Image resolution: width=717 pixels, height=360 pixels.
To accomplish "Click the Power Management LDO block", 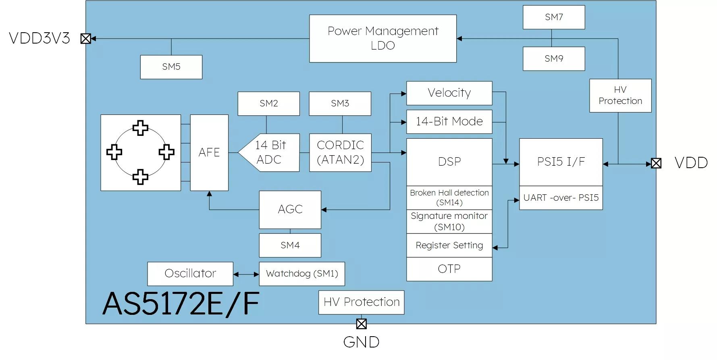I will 382,39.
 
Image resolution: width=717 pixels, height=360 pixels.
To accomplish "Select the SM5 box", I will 171,67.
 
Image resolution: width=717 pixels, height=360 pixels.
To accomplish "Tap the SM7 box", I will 553,17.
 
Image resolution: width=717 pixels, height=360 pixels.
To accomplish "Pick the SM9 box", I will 553,59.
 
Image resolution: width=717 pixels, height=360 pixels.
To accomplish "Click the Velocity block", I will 449,93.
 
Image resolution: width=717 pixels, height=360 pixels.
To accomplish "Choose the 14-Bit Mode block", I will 449,122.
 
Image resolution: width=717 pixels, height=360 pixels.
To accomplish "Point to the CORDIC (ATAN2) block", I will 340,153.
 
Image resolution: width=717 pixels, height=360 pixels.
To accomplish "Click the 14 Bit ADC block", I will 270,153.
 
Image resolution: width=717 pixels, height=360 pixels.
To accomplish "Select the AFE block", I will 209,153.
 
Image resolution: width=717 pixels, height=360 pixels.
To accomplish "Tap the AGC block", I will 290,210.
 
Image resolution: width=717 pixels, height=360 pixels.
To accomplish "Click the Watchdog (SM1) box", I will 301,274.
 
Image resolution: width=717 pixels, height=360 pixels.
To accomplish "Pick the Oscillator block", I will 190,274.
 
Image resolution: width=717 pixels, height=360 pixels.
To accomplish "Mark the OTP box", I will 449,269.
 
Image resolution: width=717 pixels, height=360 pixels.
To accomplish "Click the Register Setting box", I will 449,246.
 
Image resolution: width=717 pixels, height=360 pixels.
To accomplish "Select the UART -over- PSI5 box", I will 561,198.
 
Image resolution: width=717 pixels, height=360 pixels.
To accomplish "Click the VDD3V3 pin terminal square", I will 85,39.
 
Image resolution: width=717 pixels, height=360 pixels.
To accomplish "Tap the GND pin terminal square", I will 361,324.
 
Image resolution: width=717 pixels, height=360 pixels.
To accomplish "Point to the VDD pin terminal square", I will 656,163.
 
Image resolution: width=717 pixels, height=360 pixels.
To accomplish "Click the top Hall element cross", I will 140,128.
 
